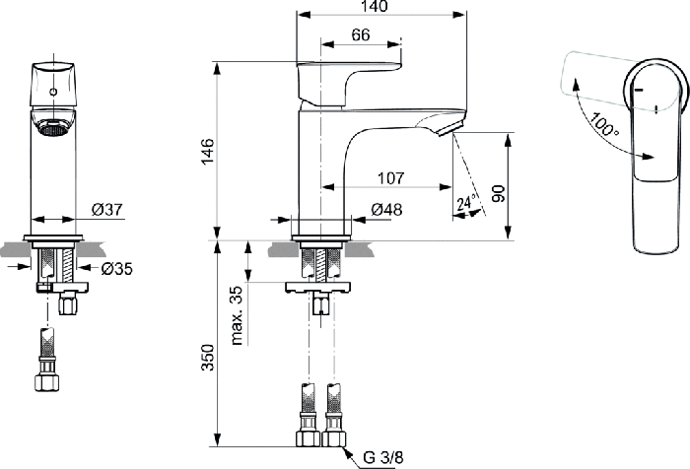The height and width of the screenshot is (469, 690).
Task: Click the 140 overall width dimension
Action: point(374,6)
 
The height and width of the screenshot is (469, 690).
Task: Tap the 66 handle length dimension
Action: point(361,34)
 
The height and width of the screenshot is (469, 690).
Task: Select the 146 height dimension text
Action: point(207,151)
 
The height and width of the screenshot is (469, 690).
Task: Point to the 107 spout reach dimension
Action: point(390,178)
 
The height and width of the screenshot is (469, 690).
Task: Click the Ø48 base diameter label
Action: point(386,210)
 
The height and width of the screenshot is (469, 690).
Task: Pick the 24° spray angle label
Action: point(467,203)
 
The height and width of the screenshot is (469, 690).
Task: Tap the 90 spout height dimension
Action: point(498,193)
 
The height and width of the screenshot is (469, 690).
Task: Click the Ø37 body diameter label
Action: point(107,210)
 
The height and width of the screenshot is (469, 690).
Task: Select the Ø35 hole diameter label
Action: point(116,268)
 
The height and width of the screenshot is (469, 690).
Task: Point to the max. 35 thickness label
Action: point(237,315)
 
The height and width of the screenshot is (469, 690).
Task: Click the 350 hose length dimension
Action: point(207,358)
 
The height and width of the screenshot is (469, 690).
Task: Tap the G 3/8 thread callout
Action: point(382,457)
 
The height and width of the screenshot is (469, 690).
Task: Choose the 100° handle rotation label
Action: point(603,124)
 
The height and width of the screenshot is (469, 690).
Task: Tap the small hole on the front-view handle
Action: point(53,92)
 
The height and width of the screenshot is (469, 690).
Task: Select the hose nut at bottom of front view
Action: point(46,382)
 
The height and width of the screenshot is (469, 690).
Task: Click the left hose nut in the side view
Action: point(308,438)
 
